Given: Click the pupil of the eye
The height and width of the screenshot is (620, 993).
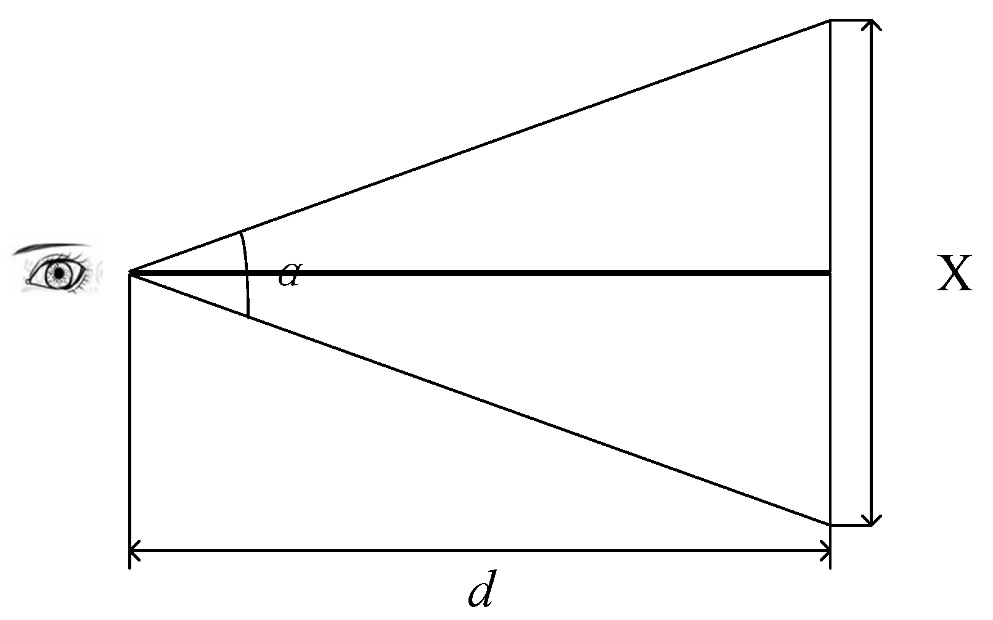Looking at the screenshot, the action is [59, 272].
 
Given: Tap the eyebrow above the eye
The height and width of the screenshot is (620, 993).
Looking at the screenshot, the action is [52, 248].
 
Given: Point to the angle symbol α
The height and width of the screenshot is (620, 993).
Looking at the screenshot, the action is [288, 275].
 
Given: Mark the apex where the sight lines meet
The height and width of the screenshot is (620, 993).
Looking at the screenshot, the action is [130, 271].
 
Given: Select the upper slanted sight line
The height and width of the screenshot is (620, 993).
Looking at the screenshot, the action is [481, 145].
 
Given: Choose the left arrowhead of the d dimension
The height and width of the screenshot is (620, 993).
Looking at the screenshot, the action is [134, 551].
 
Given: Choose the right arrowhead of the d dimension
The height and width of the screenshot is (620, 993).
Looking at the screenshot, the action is [825, 551].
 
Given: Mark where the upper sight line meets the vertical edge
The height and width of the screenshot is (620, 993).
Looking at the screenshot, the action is [830, 21].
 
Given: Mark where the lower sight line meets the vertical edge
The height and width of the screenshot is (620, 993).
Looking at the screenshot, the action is [830, 524].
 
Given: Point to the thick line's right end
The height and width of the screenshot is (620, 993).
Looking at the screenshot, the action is [829, 271].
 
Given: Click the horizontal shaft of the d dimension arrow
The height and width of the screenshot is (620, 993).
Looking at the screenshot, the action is [481, 551].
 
